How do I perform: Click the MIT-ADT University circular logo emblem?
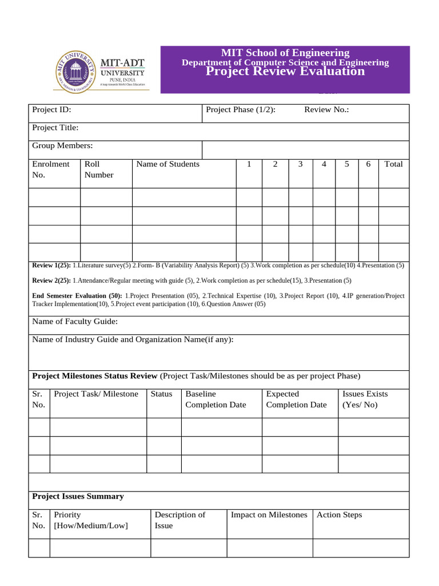(x=75, y=71)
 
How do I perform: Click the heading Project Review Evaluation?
(x=285, y=72)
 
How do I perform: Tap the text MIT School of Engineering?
(x=285, y=53)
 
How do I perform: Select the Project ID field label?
(x=52, y=109)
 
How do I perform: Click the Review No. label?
(x=326, y=109)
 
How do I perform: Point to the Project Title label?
(x=55, y=128)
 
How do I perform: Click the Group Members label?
(x=62, y=146)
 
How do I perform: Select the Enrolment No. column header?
(x=51, y=169)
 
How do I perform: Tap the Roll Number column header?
(x=99, y=169)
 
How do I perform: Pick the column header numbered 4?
(x=324, y=164)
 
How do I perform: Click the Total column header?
(x=393, y=164)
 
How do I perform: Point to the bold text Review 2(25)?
(x=51, y=280)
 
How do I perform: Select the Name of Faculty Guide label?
(x=75, y=322)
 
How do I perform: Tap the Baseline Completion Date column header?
(x=215, y=399)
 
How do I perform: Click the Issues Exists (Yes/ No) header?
(x=365, y=399)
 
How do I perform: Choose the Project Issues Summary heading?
(x=78, y=496)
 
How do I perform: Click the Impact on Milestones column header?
(x=269, y=514)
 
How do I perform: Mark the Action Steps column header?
(x=339, y=514)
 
